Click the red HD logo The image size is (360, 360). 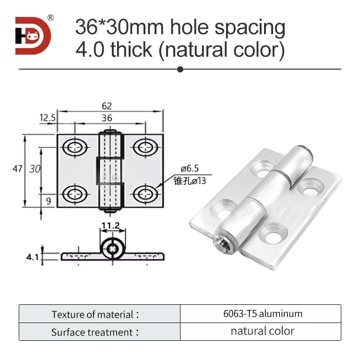[33, 36]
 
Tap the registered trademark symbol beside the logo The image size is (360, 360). [50, 18]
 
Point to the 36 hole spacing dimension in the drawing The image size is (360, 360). [108, 118]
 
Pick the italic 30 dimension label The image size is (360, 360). [34, 169]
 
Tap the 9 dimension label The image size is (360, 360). [48, 201]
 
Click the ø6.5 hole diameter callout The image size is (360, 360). [189, 168]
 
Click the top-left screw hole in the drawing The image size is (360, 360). [74, 147]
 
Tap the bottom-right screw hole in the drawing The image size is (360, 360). [144, 193]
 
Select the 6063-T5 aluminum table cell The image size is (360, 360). [260, 314]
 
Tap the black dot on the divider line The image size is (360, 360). [180, 69]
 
